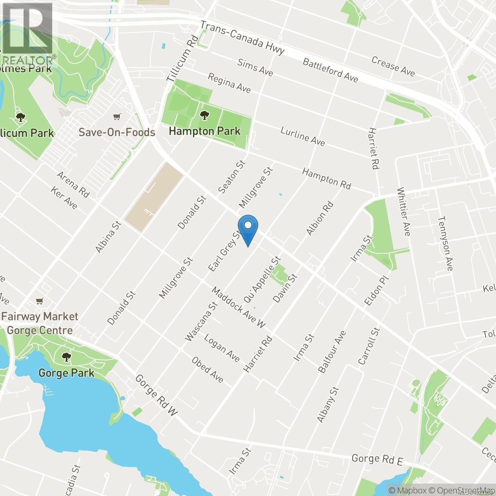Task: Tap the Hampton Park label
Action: (205, 131)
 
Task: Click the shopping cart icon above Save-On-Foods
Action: (118, 117)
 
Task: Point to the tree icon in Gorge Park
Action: (66, 356)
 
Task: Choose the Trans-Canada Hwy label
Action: (243, 38)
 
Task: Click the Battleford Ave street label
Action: (330, 69)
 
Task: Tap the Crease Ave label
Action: (393, 66)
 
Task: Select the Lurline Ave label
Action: (303, 136)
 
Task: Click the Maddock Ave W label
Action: (238, 307)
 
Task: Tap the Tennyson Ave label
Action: (445, 244)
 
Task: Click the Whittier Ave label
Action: (403, 212)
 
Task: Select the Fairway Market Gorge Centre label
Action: (40, 323)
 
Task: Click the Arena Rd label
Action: (74, 185)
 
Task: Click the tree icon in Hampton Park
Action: (204, 116)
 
